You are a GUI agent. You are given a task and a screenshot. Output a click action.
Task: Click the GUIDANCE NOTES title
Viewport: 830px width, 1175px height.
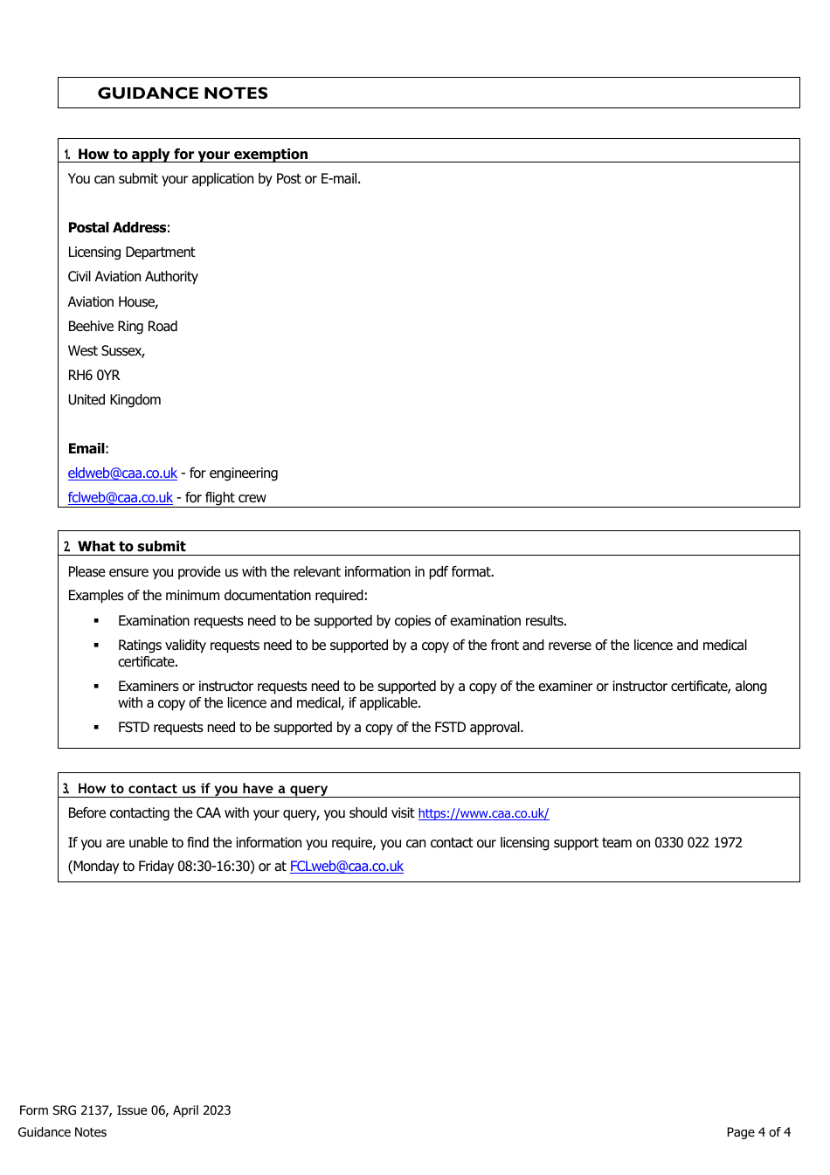183,93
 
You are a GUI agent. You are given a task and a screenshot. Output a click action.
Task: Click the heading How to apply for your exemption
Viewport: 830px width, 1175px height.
192,155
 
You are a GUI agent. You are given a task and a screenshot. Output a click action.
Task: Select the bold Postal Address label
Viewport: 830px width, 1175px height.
117,228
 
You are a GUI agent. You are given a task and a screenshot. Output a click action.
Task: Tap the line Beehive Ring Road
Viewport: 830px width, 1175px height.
122,327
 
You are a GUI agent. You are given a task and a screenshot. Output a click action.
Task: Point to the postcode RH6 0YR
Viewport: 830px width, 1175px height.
93,376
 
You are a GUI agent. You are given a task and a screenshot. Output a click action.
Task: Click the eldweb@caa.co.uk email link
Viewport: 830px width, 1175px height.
122,473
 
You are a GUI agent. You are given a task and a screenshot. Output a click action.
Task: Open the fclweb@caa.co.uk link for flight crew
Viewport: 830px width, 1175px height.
121,498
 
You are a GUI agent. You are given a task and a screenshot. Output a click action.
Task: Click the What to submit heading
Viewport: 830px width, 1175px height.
131,547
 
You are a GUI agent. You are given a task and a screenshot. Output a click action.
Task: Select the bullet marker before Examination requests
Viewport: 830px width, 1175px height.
96,621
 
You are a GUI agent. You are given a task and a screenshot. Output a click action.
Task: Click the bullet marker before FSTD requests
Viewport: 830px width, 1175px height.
96,728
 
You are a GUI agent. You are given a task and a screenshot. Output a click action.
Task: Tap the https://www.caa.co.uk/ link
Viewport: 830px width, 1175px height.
483,813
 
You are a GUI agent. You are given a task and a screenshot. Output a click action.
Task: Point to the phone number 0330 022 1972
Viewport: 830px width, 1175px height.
698,843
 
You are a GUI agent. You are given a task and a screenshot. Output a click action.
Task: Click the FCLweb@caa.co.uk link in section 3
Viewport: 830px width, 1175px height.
346,867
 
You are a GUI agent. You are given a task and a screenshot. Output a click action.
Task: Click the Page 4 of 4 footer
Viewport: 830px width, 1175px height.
757,1132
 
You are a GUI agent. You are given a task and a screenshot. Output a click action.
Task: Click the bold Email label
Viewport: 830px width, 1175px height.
86,449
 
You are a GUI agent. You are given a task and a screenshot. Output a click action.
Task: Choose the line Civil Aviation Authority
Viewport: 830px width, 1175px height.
133,277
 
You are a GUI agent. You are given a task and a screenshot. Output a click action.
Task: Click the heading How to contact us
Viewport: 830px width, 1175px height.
202,789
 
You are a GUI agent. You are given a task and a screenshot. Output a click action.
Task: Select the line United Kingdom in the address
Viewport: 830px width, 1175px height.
114,400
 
